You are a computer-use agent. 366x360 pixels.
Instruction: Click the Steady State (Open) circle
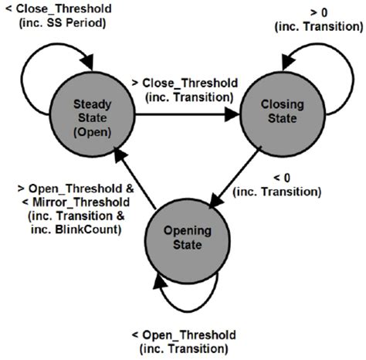click(x=92, y=115)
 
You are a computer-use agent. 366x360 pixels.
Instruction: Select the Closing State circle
click(x=279, y=115)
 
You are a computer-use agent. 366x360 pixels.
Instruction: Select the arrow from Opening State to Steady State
click(x=135, y=179)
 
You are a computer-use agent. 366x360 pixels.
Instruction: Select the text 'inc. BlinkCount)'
click(x=73, y=228)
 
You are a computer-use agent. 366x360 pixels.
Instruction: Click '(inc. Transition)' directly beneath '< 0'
click(x=276, y=191)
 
